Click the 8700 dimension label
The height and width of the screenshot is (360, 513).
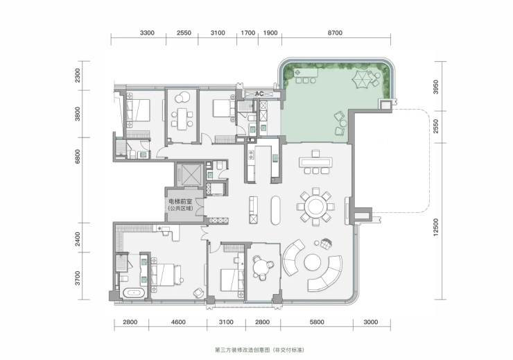click(x=335, y=33)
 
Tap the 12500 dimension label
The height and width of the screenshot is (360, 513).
click(x=435, y=227)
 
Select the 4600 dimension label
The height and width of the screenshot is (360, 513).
click(x=178, y=322)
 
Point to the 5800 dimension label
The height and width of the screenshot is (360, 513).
click(x=317, y=322)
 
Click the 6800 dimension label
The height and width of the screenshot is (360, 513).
click(x=77, y=156)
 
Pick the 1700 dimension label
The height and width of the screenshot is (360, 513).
click(x=247, y=33)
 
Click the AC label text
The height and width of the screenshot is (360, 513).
click(x=259, y=94)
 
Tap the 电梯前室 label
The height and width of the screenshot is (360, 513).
click(x=180, y=201)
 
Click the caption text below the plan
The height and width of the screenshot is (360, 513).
click(x=259, y=350)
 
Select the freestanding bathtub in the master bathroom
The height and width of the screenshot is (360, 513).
click(x=133, y=293)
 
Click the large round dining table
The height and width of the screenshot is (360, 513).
click(x=315, y=207)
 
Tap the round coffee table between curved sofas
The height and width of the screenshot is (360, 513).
click(x=313, y=263)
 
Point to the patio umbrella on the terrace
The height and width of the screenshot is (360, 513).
click(x=361, y=79)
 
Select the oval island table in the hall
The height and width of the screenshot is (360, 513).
click(x=275, y=210)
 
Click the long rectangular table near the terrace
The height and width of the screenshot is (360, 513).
click(x=315, y=162)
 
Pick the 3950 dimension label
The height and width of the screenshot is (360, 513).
click(x=435, y=87)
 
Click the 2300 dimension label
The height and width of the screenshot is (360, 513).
click(x=77, y=76)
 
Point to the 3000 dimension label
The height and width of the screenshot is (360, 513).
click(x=370, y=322)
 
